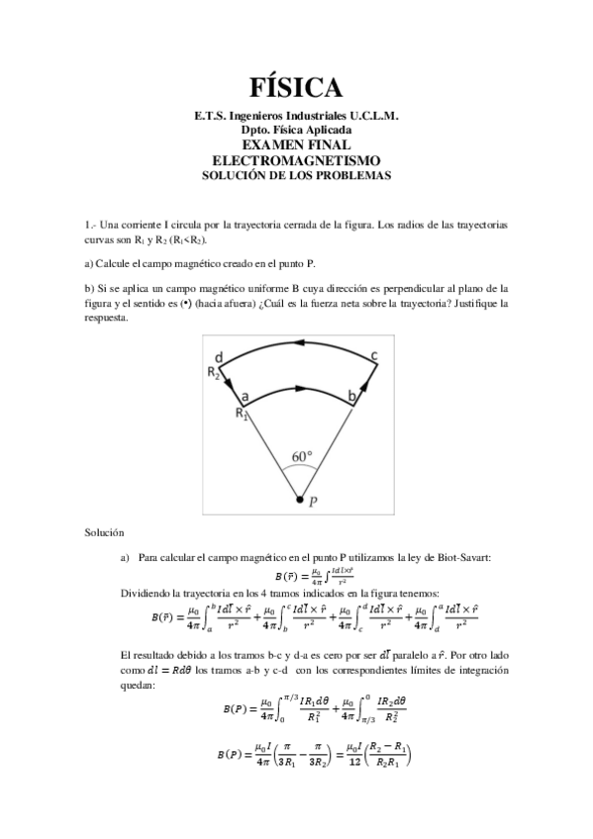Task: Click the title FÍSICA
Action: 296,88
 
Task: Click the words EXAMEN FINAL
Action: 296,144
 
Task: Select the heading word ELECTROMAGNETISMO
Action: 296,159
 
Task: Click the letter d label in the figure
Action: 220,357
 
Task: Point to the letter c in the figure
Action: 373,356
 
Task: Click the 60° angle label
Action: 302,457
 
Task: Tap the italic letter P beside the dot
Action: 313,502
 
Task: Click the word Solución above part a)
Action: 105,533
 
